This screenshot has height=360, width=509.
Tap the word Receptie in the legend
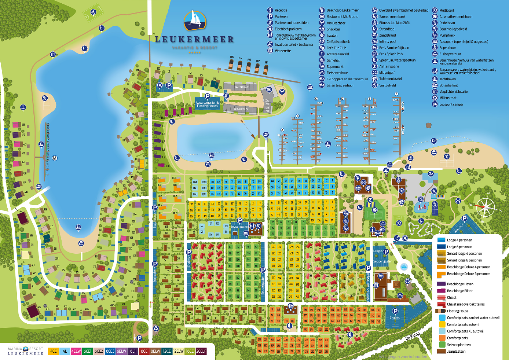click(x=281, y=10)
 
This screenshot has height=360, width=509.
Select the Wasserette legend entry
click(x=283, y=51)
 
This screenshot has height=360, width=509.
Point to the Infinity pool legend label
click(x=388, y=41)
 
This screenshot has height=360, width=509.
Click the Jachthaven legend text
click(x=447, y=79)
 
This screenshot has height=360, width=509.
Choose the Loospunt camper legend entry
click(x=451, y=104)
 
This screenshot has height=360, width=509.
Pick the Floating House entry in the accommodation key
click(x=458, y=311)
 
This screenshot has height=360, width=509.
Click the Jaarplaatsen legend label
click(x=456, y=352)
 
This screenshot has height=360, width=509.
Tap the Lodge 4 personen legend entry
click(x=459, y=240)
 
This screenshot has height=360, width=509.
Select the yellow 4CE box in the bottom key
click(x=54, y=351)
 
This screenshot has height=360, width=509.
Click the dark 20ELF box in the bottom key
click(x=201, y=351)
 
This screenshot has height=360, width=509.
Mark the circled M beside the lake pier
click(x=55, y=158)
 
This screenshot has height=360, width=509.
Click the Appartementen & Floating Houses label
click(x=207, y=104)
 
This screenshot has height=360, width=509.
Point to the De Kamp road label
click(x=413, y=336)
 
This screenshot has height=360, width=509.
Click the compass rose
click(x=486, y=207)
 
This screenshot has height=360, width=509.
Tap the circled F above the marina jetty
click(x=396, y=94)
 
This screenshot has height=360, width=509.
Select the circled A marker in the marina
click(x=282, y=130)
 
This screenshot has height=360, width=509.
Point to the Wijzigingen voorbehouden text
click(x=403, y=357)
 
